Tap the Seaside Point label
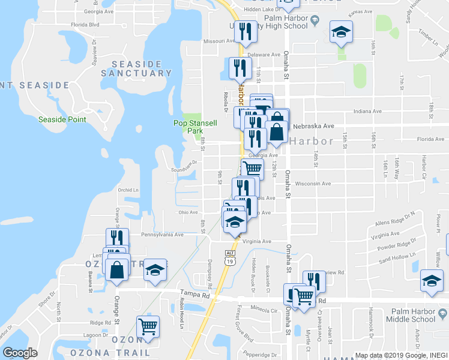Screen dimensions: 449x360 coord(62,119)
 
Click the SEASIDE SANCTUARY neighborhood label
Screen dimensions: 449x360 coord(136,68)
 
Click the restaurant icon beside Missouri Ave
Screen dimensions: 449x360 coord(244,32)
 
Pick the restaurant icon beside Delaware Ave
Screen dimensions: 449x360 coord(239,69)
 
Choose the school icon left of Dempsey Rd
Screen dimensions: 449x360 coord(155,270)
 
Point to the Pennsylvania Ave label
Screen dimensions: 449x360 coord(162,235)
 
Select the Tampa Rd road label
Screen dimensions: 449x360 coord(194,295)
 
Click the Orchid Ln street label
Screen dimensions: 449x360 coord(128,191)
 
